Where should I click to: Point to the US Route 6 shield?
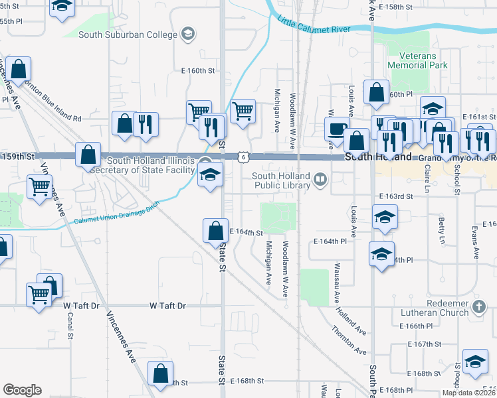[244, 157]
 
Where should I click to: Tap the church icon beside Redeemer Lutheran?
[480, 307]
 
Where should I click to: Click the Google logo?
[23, 389]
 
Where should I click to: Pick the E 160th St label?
[198, 70]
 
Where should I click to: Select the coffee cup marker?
[336, 129]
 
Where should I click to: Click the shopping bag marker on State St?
[215, 232]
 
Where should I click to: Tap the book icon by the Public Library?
[321, 180]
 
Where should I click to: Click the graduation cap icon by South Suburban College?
[188, 34]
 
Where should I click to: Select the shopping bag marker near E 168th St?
[161, 373]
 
